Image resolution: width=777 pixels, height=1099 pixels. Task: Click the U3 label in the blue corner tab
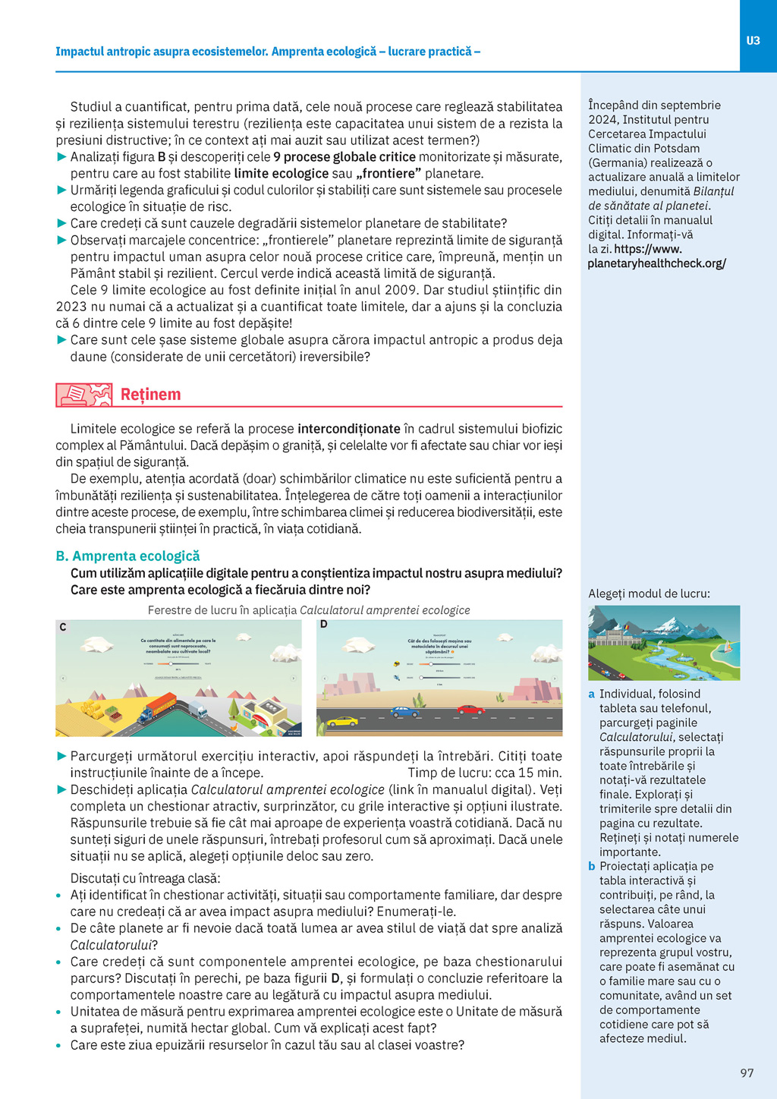[753, 41]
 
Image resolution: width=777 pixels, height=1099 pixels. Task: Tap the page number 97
[747, 1072]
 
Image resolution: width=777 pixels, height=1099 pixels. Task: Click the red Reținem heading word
[150, 395]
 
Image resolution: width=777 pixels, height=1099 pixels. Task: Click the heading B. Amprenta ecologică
[127, 556]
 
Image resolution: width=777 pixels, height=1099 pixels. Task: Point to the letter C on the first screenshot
[63, 627]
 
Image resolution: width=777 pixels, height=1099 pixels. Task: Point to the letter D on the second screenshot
[324, 625]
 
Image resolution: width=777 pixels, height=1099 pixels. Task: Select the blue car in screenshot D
[404, 712]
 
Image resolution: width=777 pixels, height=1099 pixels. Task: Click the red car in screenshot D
[470, 710]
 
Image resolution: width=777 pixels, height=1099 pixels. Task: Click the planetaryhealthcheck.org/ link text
[656, 263]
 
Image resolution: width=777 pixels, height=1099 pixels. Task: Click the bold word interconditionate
[348, 429]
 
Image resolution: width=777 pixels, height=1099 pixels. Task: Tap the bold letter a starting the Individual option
[592, 694]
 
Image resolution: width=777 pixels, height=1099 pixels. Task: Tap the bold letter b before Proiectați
[592, 866]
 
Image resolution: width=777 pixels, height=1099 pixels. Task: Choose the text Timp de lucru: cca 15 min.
[485, 773]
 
